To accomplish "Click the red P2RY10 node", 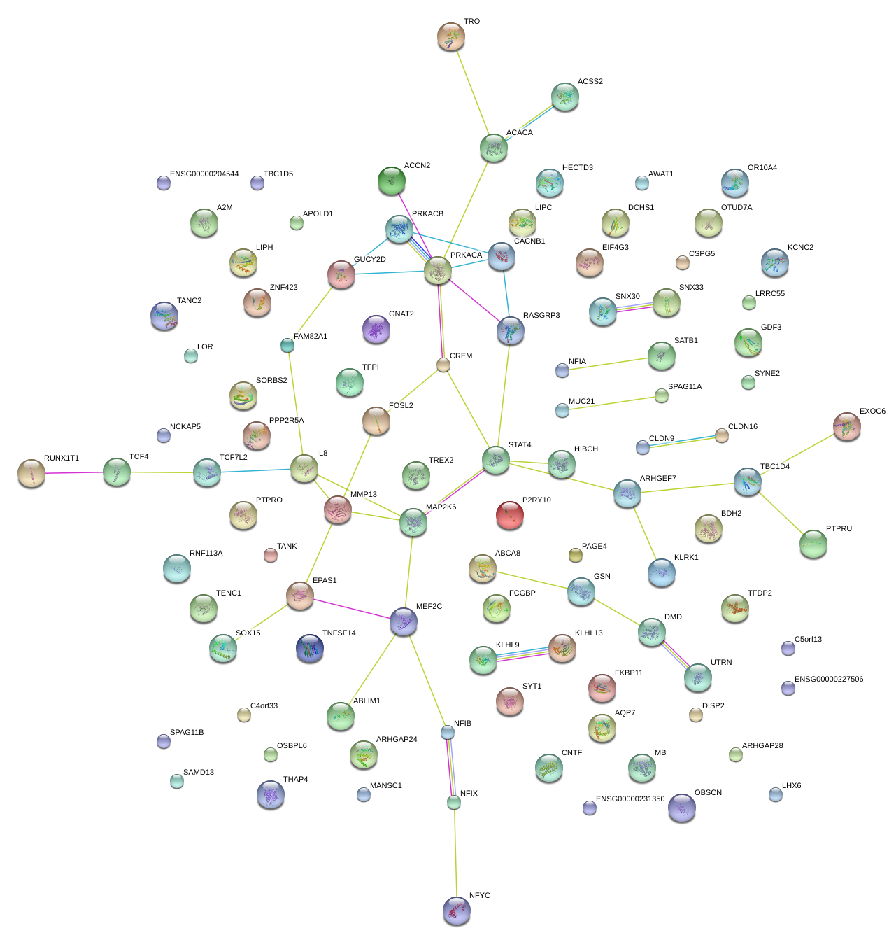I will (x=510, y=515).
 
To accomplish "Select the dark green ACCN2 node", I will (x=392, y=181).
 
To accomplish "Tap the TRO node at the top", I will (x=451, y=36).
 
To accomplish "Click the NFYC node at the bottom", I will (x=457, y=910).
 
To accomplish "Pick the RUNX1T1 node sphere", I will (x=31, y=473).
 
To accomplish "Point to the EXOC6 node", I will (x=847, y=426).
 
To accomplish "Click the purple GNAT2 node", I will (x=376, y=329).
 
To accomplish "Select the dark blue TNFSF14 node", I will (x=310, y=648).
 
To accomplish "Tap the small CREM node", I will (x=443, y=365).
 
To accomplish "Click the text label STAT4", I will (x=520, y=445).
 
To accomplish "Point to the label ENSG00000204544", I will (x=204, y=174).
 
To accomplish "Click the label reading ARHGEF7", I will (x=658, y=479).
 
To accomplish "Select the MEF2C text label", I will (x=429, y=607).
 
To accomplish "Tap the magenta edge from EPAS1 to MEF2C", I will (x=352, y=608).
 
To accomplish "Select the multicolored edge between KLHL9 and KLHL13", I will (x=523, y=654).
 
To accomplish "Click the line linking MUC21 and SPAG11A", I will (x=612, y=403).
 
